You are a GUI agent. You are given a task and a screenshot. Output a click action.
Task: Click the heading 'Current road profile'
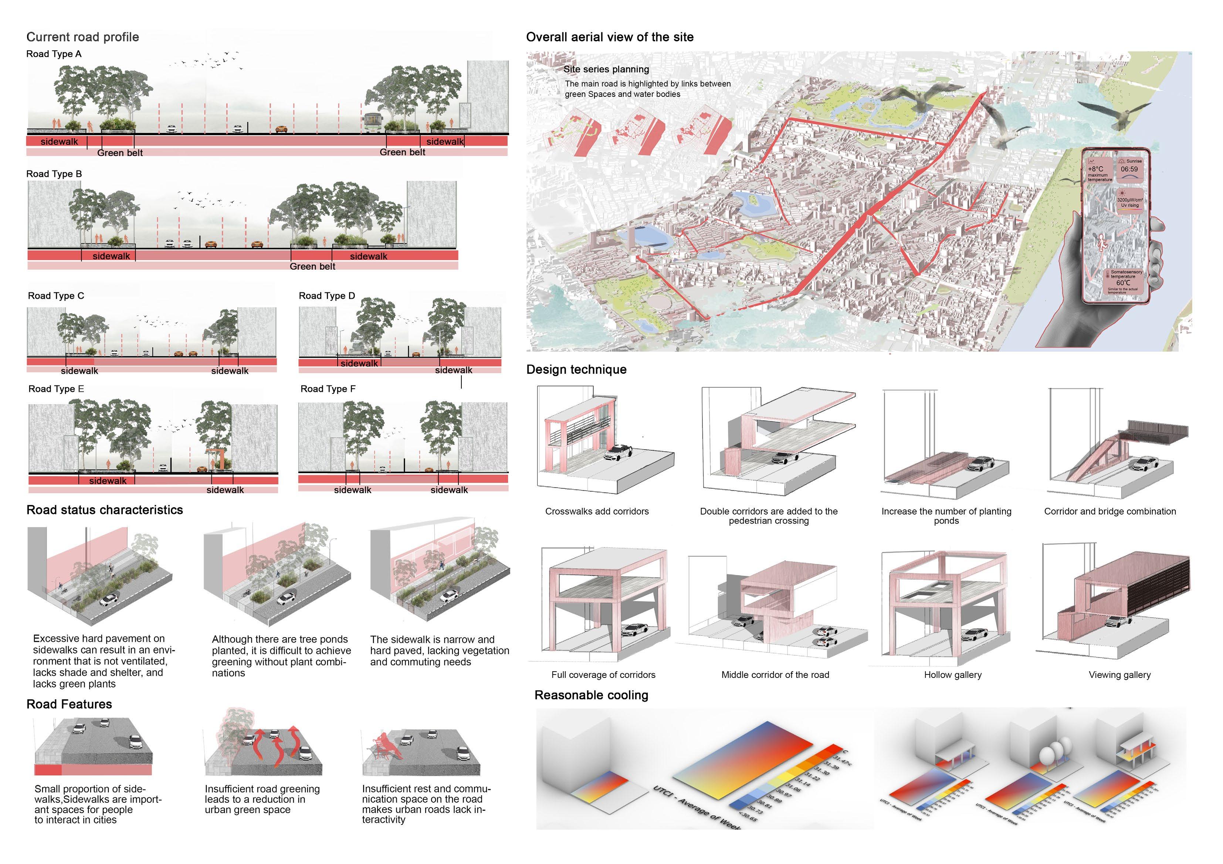tap(82, 37)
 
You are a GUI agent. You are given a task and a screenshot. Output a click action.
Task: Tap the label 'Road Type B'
tap(54, 174)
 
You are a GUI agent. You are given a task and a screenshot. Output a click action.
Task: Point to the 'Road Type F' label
tap(328, 389)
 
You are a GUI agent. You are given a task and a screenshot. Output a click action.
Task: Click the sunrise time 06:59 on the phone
tap(1129, 169)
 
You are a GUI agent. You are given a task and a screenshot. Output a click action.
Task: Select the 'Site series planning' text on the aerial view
tap(606, 69)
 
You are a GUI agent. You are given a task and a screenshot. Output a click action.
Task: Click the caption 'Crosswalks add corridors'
tap(597, 512)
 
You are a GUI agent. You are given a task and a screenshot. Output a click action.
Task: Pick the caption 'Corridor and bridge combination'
tap(1109, 512)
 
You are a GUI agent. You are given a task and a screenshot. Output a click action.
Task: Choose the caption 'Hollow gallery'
tap(952, 675)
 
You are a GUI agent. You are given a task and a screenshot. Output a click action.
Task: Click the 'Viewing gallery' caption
tap(1119, 675)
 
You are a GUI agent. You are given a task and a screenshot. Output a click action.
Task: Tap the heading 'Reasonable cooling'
tap(591, 695)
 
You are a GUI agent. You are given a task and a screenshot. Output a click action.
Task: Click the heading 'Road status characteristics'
tap(104, 510)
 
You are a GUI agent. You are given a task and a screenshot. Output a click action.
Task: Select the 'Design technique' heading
tap(576, 369)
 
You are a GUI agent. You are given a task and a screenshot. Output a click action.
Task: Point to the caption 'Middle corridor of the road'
tap(775, 675)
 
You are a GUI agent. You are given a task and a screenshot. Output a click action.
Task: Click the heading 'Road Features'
tap(69, 704)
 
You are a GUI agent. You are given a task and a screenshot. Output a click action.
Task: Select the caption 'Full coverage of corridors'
tap(603, 675)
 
